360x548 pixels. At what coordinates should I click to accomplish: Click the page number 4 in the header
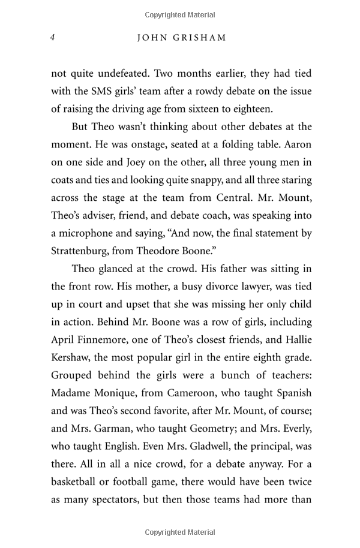click(x=53, y=38)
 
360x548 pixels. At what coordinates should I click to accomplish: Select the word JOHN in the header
click(x=152, y=38)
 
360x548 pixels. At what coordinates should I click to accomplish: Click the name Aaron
click(x=295, y=144)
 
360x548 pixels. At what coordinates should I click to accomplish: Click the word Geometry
click(x=205, y=429)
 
